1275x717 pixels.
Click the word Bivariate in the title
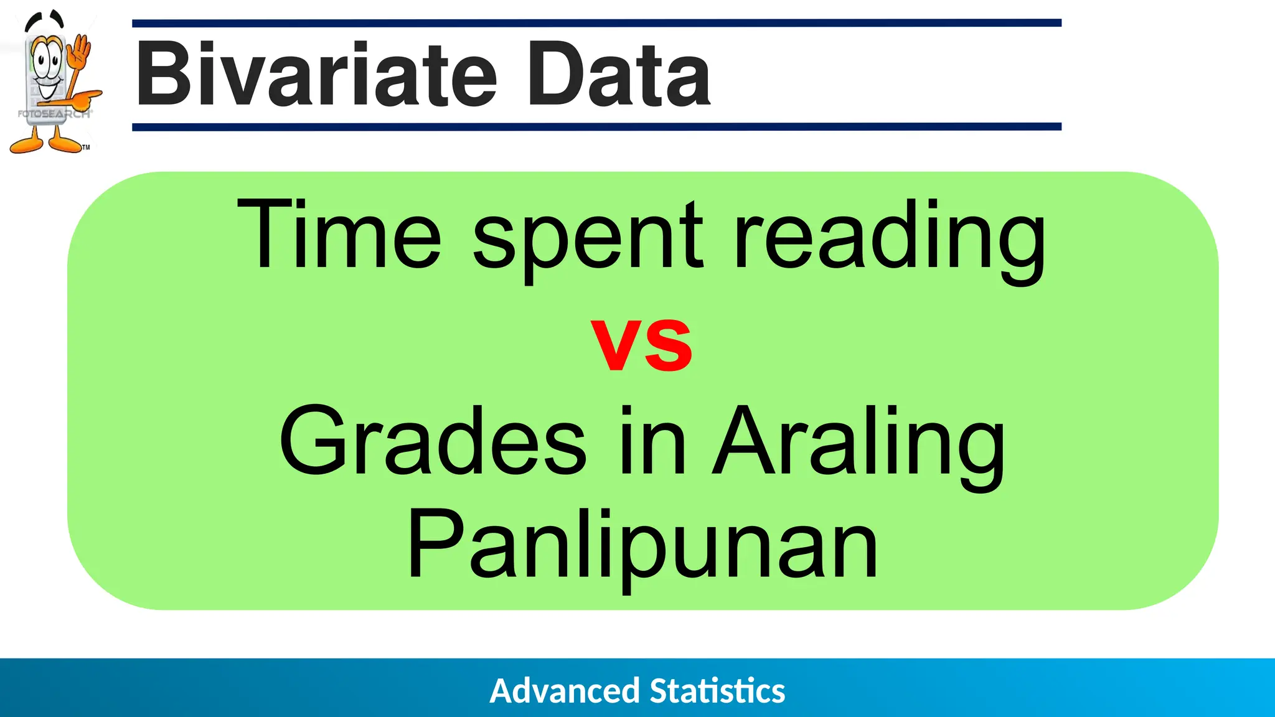point(316,75)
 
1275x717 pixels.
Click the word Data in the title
point(618,75)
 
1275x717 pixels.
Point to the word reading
point(890,240)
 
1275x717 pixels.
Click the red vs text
point(641,344)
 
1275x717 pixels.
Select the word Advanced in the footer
point(565,691)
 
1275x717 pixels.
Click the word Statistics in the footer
point(717,691)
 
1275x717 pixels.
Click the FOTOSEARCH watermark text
point(55,114)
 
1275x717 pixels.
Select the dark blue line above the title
point(596,23)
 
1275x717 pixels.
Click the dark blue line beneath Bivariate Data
point(596,126)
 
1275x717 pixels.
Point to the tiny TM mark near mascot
point(86,148)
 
